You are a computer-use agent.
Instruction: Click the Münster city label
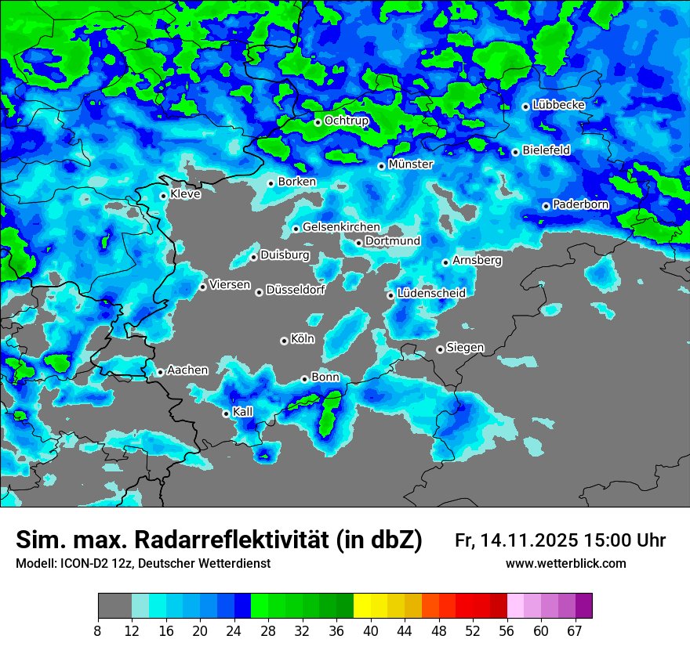[411, 164]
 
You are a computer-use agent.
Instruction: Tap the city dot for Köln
[284, 341]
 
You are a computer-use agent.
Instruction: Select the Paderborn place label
[581, 204]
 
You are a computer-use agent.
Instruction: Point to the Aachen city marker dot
[160, 372]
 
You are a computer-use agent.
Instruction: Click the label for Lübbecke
[559, 105]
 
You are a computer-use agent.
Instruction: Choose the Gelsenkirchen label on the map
[341, 227]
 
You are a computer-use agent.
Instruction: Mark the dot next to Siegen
[440, 349]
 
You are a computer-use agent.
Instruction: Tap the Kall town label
[243, 412]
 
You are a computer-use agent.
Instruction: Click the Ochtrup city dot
[318, 122]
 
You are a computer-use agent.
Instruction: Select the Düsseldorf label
[296, 290]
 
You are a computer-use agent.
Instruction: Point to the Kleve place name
[186, 194]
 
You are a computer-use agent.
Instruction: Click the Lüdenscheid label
[432, 293]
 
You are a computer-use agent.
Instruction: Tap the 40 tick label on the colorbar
[371, 630]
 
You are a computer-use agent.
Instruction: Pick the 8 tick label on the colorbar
[98, 630]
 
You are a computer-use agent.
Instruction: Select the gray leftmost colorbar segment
[114, 606]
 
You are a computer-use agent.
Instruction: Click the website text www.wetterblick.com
[566, 564]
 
